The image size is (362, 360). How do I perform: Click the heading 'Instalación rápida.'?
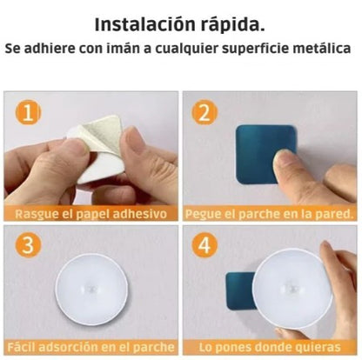coord(180,23)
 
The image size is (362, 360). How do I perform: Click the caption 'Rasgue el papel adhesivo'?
coord(91,213)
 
